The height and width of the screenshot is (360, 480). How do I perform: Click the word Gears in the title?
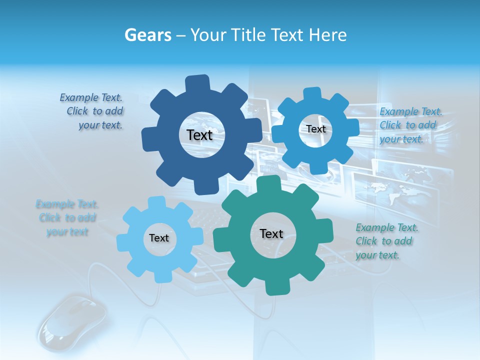tap(148, 35)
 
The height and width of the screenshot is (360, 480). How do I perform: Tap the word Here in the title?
tap(327, 35)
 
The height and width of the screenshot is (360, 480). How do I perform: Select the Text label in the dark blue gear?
tap(200, 135)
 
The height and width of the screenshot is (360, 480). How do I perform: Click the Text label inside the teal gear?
tap(271, 233)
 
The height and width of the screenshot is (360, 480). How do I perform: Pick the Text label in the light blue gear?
tap(159, 238)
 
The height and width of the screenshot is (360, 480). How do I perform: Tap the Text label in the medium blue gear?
tap(315, 129)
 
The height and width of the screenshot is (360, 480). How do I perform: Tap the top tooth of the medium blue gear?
tap(312, 94)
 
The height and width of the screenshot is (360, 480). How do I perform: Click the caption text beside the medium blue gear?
tap(408, 125)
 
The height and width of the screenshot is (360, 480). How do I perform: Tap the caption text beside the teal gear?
tap(386, 241)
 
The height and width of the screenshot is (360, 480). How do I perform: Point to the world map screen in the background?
tap(395, 190)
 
